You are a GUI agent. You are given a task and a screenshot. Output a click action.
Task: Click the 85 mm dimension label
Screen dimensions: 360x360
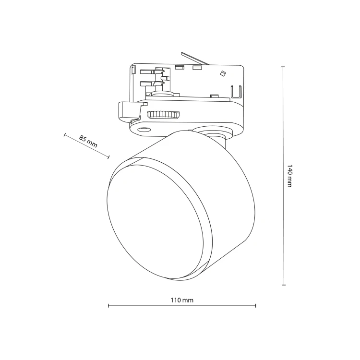coord(88,141)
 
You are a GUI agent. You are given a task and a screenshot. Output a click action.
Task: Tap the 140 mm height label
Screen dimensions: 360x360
coord(290,176)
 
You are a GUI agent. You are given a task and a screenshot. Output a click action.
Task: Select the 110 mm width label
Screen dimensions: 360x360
coord(182,300)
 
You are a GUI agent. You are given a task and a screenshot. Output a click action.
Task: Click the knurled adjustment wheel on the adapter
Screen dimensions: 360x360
coord(163,115)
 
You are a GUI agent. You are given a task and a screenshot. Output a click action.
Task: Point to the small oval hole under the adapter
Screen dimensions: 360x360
coord(144,130)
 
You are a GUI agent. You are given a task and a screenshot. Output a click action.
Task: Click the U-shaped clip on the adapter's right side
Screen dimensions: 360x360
coord(236,91)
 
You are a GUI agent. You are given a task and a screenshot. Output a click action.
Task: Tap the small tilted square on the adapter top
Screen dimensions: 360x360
coord(222,73)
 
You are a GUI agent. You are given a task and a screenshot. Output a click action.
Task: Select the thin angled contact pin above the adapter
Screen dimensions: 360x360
coord(194,58)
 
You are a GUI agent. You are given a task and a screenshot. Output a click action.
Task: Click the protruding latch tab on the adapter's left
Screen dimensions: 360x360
coord(129,111)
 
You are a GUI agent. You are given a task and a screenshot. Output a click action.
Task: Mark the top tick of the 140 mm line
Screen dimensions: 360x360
coord(283,67)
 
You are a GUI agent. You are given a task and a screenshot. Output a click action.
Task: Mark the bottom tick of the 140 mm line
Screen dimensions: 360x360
coord(284,285)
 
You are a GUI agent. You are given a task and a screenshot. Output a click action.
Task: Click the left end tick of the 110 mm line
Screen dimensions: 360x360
coord(108,306)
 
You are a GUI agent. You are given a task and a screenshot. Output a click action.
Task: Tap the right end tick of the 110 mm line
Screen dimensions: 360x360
coord(255,306)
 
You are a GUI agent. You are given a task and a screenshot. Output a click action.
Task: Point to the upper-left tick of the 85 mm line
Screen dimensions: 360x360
coord(65,134)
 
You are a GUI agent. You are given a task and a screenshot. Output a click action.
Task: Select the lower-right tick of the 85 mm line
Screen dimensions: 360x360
coord(108,156)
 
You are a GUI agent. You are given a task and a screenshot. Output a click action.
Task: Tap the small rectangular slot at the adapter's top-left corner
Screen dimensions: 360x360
coord(133,70)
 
